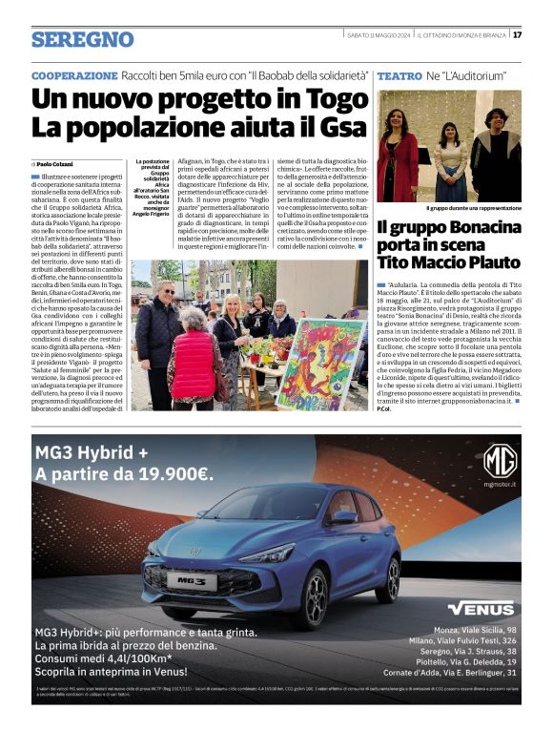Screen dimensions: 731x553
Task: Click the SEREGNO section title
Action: click(x=82, y=39)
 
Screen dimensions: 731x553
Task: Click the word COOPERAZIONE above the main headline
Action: click(x=74, y=74)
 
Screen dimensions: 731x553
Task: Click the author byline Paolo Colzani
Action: click(x=57, y=164)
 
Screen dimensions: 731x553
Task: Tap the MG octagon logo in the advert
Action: click(x=500, y=460)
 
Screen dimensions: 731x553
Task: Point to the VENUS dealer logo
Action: click(x=481, y=608)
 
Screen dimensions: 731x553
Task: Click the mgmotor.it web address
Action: click(x=500, y=484)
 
